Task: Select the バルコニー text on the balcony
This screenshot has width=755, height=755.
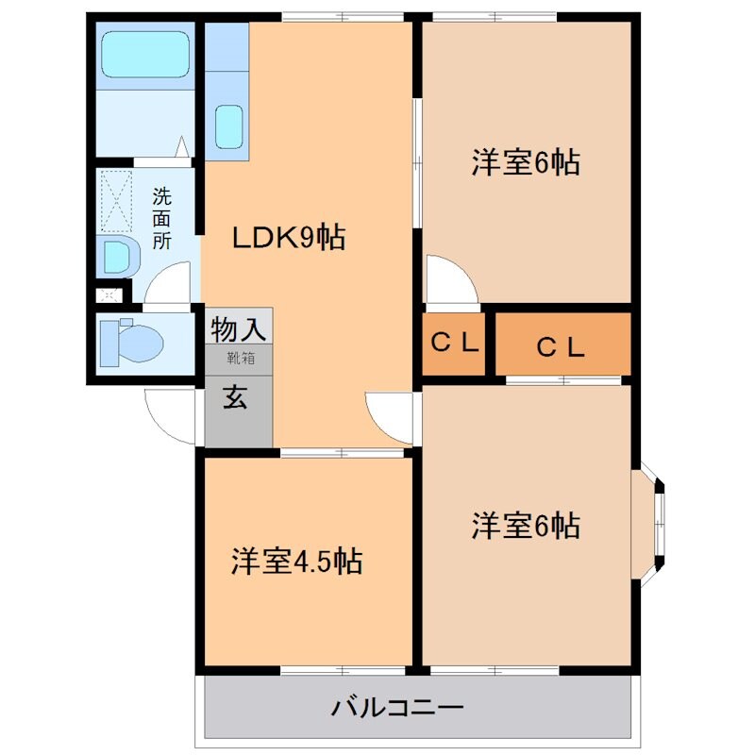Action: click(397, 707)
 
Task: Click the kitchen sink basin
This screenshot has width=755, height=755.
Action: click(229, 126)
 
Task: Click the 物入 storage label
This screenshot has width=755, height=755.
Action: click(239, 329)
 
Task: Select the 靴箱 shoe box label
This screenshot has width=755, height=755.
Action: click(239, 358)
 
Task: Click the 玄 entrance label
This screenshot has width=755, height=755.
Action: click(236, 398)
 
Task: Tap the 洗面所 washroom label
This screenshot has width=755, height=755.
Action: click(162, 218)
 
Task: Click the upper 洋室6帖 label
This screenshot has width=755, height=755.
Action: click(525, 163)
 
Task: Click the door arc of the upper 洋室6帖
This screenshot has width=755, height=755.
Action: click(448, 283)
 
